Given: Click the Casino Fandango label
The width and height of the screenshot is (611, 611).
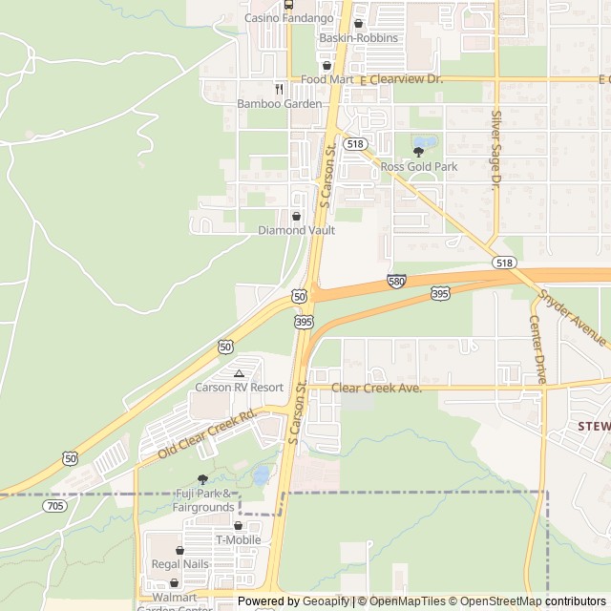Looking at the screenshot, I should coord(288,18).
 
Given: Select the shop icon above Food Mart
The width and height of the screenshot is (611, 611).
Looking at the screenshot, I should coord(327,65).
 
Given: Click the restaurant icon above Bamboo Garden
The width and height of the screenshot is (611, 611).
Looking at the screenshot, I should coord(279,88).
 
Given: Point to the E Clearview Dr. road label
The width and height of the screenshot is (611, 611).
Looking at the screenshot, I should coord(401,79).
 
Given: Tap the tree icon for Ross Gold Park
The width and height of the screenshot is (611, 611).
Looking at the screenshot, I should coord(418,151).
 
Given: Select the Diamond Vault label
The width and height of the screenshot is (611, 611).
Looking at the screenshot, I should coord(296,230).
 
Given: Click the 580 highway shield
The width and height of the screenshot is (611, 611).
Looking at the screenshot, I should coord(397,281).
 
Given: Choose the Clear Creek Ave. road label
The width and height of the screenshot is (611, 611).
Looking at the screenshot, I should coord(376,389).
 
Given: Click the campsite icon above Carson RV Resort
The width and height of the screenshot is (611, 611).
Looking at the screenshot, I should coord(239,372).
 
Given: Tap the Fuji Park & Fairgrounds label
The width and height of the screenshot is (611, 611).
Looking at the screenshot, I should coord(202,500).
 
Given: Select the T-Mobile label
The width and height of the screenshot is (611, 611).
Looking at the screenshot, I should coord(239,539).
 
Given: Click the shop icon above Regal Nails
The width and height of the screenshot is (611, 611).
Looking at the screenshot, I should coord(179,550).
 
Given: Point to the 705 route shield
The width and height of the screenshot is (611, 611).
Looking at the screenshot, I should coord(54,505).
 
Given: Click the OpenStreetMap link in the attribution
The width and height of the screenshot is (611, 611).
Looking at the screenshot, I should coord(496,601).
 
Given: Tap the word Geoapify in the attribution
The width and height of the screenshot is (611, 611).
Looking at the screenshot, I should coord(327,601).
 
